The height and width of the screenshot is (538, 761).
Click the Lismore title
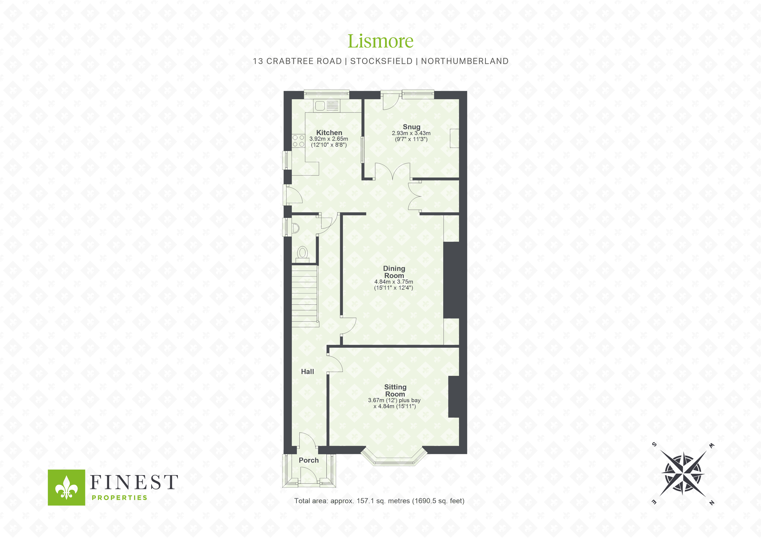[x=380, y=41]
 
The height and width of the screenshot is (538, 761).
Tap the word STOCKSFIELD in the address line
[x=381, y=61]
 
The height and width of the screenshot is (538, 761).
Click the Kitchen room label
[x=329, y=133]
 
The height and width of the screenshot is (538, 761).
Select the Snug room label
[x=411, y=127]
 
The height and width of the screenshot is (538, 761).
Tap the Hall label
[x=307, y=372]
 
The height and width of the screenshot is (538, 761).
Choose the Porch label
[x=308, y=460]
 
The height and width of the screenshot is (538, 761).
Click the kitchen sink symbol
[x=327, y=106]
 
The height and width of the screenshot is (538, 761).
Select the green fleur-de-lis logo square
[x=66, y=487]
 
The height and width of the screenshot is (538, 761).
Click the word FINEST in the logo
[x=134, y=482]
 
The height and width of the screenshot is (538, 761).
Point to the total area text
[x=379, y=501]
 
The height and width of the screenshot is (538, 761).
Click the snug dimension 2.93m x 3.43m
[x=411, y=133]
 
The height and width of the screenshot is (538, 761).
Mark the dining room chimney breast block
[x=451, y=280]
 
